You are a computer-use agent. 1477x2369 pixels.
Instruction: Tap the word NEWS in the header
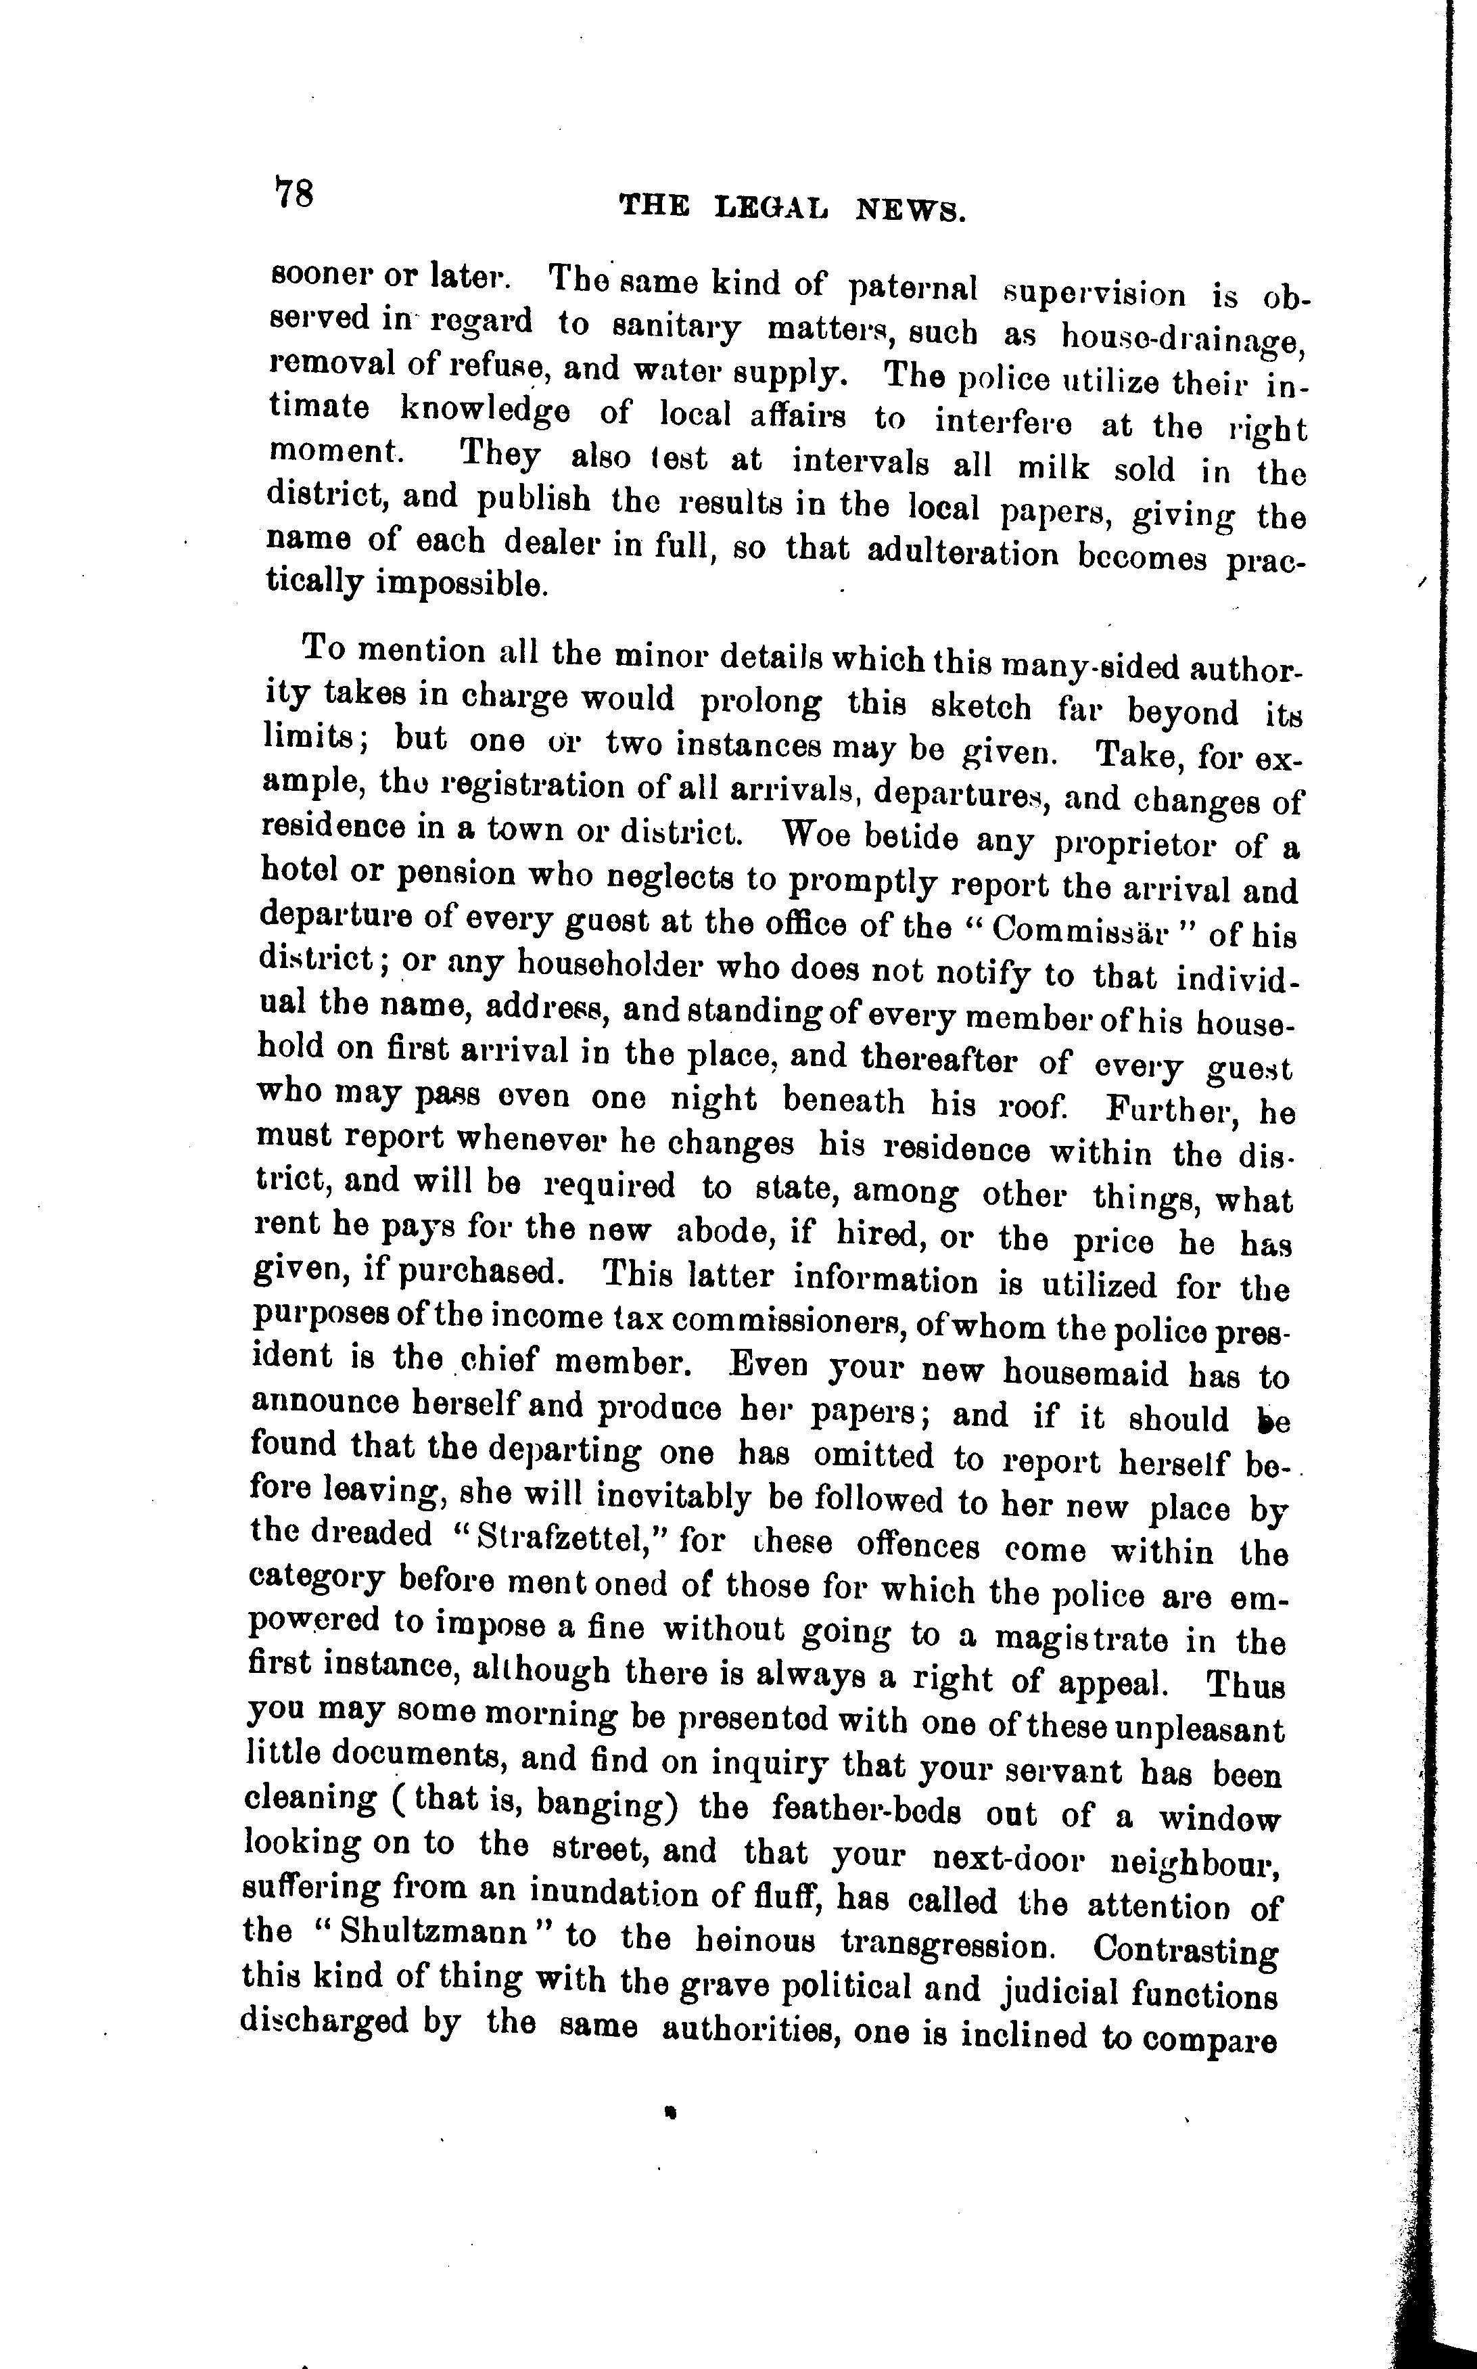click(910, 209)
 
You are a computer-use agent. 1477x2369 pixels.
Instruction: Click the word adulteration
click(962, 554)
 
